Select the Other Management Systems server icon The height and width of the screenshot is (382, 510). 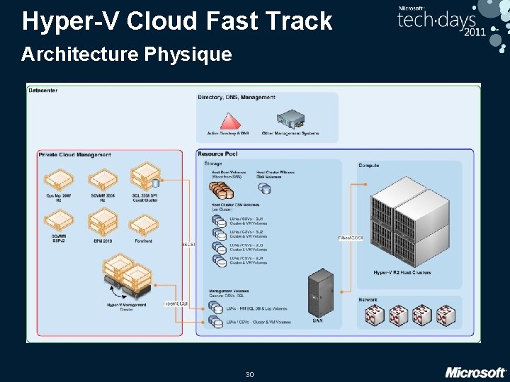click(x=290, y=118)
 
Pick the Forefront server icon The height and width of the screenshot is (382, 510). click(x=143, y=225)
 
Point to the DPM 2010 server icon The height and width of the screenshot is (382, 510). click(x=103, y=225)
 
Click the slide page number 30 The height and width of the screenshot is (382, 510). click(x=249, y=374)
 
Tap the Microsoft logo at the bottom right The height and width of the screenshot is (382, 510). click(x=475, y=371)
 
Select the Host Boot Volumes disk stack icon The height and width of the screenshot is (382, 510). click(x=217, y=189)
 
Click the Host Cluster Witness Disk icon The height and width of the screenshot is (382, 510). click(x=265, y=188)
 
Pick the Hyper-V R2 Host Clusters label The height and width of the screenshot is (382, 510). click(x=402, y=272)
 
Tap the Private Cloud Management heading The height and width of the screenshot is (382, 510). click(x=75, y=154)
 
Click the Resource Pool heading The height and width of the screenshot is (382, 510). click(x=218, y=154)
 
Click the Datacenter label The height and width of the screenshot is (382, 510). click(x=43, y=89)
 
